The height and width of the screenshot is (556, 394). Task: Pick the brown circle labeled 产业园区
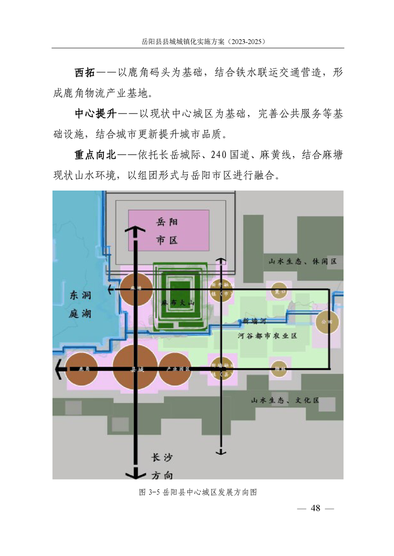[174, 369]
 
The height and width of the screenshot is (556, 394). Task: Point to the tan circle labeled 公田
[327, 322]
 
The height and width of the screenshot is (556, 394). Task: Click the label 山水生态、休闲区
[302, 261]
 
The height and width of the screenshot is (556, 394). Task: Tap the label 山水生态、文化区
[285, 400]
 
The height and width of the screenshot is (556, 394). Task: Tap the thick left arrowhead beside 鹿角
[59, 369]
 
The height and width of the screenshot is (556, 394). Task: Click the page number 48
[316, 508]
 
